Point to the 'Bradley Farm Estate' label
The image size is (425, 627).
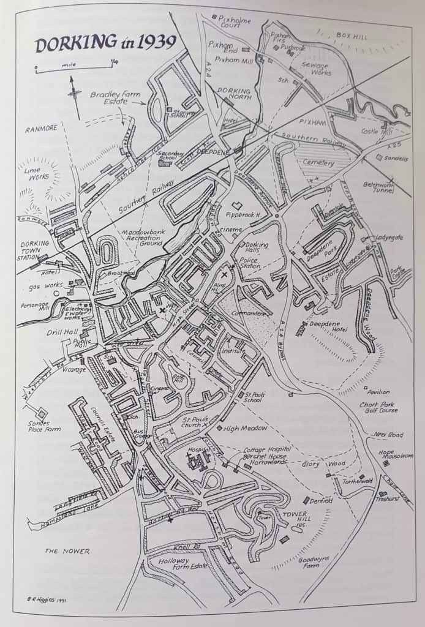coord(115,99)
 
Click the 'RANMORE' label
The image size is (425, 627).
coord(41,129)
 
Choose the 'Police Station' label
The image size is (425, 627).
coord(253,263)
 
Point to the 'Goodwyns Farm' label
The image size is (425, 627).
coord(316,562)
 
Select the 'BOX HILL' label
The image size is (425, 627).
coord(352,36)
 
